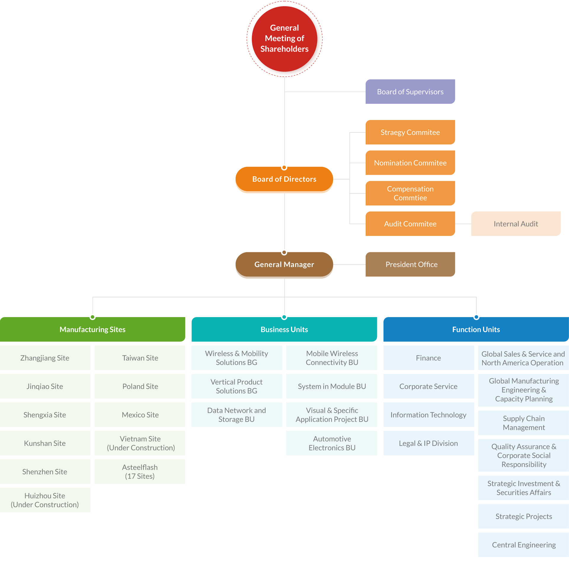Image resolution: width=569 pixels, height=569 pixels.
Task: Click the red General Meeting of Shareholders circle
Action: pyautogui.click(x=284, y=39)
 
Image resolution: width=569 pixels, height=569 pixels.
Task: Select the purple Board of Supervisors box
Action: pyautogui.click(x=410, y=92)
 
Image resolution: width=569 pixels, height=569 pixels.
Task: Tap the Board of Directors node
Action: pyautogui.click(x=284, y=179)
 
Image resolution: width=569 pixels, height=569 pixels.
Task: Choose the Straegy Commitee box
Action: pyautogui.click(x=410, y=132)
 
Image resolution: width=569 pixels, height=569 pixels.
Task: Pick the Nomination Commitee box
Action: pyautogui.click(x=410, y=163)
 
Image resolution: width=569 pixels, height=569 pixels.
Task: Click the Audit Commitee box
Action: pyautogui.click(x=410, y=224)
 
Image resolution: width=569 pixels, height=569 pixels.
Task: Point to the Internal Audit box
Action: pyautogui.click(x=515, y=224)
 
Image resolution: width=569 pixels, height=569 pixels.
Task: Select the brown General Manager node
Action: pyautogui.click(x=284, y=264)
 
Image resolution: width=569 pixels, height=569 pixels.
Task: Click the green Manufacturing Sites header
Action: pyautogui.click(x=92, y=330)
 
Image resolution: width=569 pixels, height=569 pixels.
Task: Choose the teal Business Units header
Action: pyautogui.click(x=284, y=330)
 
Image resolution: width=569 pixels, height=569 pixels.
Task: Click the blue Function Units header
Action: pyautogui.click(x=476, y=330)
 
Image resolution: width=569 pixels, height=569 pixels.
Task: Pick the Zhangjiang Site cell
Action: pyautogui.click(x=45, y=358)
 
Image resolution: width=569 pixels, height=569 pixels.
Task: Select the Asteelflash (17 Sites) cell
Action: pyautogui.click(x=140, y=471)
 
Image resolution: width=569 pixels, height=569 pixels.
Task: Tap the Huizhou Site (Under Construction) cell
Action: pyautogui.click(x=45, y=500)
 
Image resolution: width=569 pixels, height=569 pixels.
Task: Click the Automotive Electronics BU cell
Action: pyautogui.click(x=332, y=443)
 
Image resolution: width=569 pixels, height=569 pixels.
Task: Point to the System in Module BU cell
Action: pyautogui.click(x=332, y=386)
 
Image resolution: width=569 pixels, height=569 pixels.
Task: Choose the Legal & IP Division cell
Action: pyautogui.click(x=428, y=443)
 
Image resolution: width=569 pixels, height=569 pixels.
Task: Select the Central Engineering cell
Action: pyautogui.click(x=523, y=545)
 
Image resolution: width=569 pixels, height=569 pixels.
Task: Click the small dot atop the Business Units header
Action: pyautogui.click(x=284, y=317)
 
